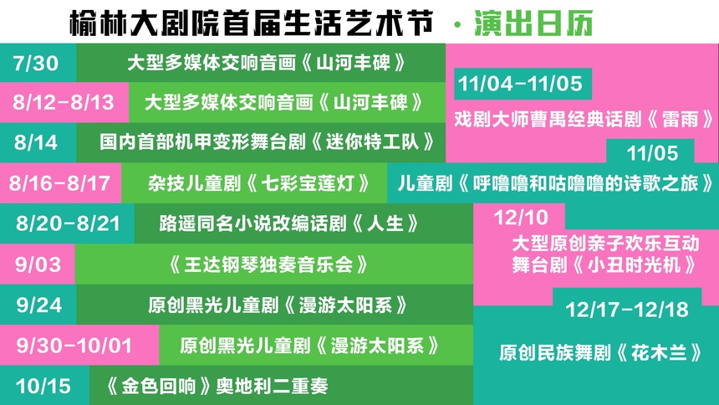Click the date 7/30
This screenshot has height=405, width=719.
point(36,63)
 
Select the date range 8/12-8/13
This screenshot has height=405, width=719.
point(64,102)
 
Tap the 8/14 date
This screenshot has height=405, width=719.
point(36,142)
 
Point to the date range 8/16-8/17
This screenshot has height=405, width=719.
point(59,183)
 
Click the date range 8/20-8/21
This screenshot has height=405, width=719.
point(68,223)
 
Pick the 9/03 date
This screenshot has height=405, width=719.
point(38,264)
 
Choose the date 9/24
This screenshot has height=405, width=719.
point(39,305)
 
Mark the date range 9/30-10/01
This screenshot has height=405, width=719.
point(74,346)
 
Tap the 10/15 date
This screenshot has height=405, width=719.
point(43,386)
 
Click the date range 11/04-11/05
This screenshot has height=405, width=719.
point(520,84)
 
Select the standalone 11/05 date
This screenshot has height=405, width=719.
point(652,153)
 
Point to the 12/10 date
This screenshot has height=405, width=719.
point(521,218)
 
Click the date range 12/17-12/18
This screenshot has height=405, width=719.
point(627,310)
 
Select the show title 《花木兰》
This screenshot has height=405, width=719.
point(659,352)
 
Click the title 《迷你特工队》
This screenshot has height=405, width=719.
point(372,142)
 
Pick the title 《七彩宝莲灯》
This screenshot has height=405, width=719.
point(307,183)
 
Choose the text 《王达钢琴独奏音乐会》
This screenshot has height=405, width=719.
point(268,264)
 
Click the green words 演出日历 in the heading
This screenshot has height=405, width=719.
point(533,23)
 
